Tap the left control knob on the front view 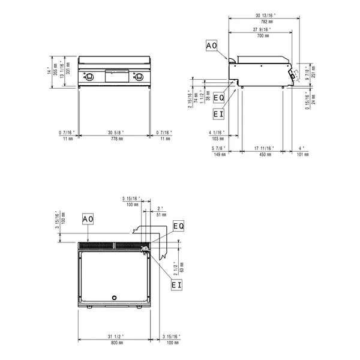(x=89, y=76)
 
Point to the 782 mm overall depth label (x=262, y=21)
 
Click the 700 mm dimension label (x=262, y=36)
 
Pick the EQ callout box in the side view (x=219, y=97)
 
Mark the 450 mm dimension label (x=262, y=154)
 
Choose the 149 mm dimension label (x=220, y=154)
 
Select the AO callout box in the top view (x=88, y=219)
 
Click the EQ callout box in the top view (x=178, y=226)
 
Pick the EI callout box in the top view (x=176, y=286)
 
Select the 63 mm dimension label (x=181, y=265)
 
